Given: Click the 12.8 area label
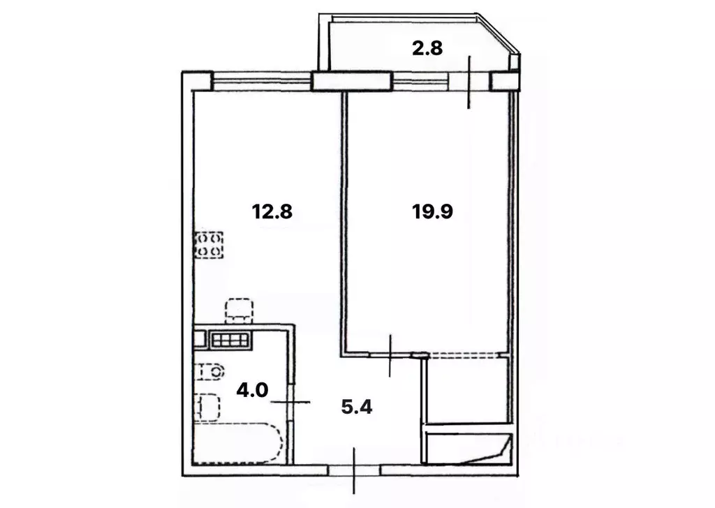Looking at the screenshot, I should pyautogui.click(x=272, y=210).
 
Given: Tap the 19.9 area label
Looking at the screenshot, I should pyautogui.click(x=433, y=210).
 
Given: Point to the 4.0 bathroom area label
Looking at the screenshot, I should pyautogui.click(x=252, y=389).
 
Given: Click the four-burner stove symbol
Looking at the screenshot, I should pyautogui.click(x=209, y=245).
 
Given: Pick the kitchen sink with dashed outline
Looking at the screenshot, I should pyautogui.click(x=239, y=311).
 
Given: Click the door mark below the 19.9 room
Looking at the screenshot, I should pyautogui.click(x=391, y=354).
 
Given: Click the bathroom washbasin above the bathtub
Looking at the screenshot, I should pyautogui.click(x=207, y=408).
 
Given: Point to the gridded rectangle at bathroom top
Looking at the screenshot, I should pyautogui.click(x=230, y=340).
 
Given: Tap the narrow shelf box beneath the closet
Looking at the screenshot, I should pyautogui.click(x=469, y=447).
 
